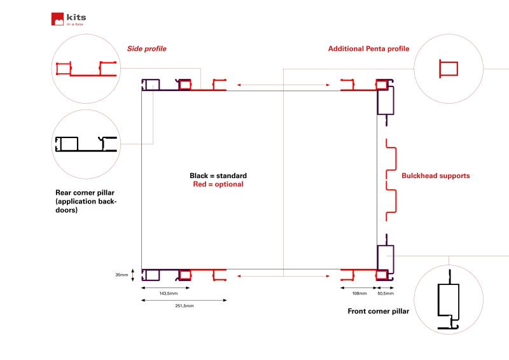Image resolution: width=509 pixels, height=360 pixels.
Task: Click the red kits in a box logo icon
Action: point(57,19)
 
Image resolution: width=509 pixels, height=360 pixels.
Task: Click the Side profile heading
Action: point(147,49)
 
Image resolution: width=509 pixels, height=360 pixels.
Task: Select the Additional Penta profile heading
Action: point(368,49)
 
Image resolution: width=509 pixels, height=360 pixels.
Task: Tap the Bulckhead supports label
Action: point(436,176)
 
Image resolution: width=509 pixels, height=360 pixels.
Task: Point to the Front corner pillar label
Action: point(378,311)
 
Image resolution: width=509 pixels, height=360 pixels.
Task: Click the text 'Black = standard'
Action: point(218,176)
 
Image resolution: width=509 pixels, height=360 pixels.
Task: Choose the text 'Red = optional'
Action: point(218,184)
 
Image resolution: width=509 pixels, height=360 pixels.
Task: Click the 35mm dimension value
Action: point(122,275)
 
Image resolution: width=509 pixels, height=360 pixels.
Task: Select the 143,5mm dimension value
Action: point(169,293)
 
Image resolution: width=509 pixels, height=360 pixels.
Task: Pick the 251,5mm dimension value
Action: point(185,306)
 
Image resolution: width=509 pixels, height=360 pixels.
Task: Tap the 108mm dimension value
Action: point(359,293)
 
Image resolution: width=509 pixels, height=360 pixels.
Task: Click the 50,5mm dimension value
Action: point(386,293)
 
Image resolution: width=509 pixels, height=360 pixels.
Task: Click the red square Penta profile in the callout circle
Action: point(449,69)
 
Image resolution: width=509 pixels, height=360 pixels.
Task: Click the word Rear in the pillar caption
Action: point(62,193)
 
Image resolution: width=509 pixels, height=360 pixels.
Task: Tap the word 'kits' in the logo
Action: point(76,17)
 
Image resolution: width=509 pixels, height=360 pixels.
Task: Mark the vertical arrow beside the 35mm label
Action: point(133,275)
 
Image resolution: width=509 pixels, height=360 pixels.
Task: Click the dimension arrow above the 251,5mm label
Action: point(184,300)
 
